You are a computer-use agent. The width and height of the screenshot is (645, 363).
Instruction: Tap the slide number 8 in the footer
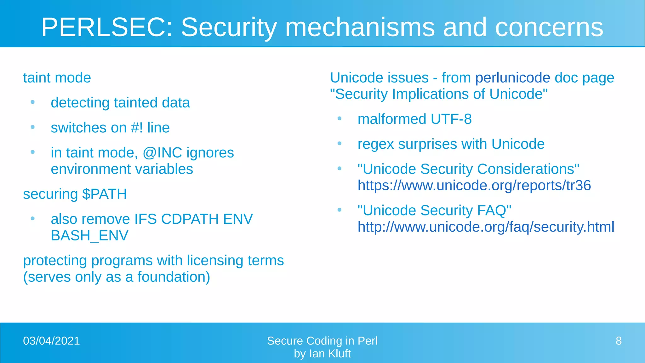(619, 341)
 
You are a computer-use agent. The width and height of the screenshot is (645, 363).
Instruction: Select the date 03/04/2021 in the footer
(52, 341)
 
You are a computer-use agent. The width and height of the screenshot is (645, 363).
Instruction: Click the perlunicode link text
(512, 78)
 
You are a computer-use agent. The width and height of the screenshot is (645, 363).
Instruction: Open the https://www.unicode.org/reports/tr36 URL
(474, 186)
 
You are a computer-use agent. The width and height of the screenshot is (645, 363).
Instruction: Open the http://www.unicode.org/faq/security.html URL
(486, 227)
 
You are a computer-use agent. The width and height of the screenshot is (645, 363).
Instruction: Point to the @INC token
(162, 153)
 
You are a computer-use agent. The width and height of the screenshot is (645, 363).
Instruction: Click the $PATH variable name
(104, 194)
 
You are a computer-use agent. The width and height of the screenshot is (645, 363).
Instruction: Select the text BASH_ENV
(89, 236)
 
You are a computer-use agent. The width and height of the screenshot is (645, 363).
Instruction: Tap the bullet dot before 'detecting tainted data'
(32, 102)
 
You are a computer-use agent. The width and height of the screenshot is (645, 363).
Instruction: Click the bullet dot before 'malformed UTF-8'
(339, 118)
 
